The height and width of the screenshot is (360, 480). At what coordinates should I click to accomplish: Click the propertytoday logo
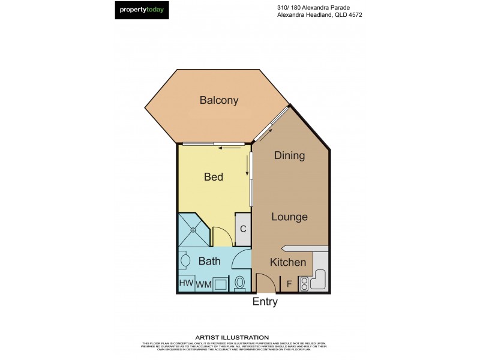pyautogui.click(x=142, y=10)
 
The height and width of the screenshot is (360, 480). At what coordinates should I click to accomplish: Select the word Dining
pyautogui.click(x=289, y=156)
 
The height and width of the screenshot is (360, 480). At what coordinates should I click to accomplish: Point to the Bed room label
pyautogui.click(x=214, y=177)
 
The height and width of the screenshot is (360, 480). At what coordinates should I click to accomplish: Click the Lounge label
pyautogui.click(x=289, y=217)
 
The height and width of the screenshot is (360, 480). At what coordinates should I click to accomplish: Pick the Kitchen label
pyautogui.click(x=288, y=262)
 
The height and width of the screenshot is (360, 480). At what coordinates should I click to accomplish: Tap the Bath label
pyautogui.click(x=209, y=261)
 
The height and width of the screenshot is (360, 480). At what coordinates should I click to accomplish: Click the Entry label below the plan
pyautogui.click(x=265, y=302)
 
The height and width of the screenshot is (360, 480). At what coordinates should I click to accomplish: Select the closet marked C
pyautogui.click(x=243, y=229)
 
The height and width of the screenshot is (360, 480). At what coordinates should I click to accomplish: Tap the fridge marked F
pyautogui.click(x=289, y=284)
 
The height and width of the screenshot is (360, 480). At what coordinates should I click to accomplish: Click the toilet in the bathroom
pyautogui.click(x=241, y=283)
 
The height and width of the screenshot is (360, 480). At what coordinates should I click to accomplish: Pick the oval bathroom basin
pyautogui.click(x=185, y=261)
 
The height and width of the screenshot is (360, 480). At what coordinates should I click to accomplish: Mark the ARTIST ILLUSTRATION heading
pyautogui.click(x=232, y=337)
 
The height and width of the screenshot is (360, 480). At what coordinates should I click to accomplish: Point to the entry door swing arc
pyautogui.click(x=263, y=282)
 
